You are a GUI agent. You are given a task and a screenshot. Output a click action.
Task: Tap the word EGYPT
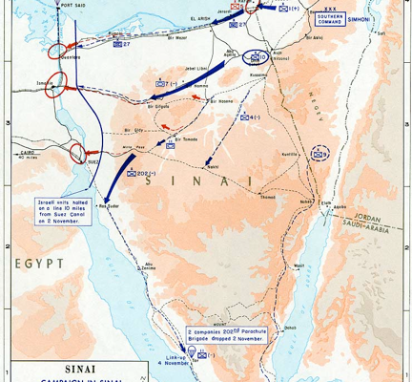[x=39, y=261]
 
